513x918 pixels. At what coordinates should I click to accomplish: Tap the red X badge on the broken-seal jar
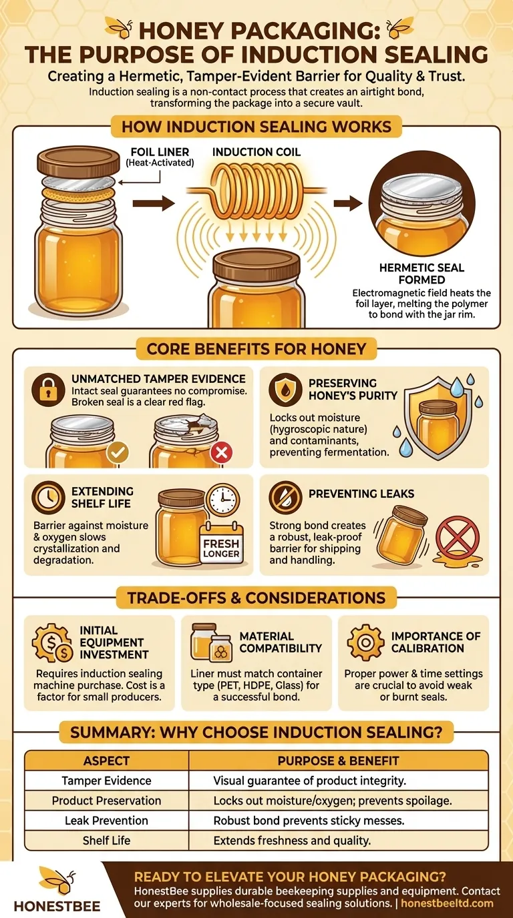tap(221, 454)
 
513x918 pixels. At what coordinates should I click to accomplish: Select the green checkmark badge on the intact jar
tap(118, 454)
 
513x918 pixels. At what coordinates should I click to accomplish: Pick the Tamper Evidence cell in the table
tap(107, 781)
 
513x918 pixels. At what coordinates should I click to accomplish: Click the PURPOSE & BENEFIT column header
tap(339, 761)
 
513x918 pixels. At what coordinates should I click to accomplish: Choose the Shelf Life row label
tap(107, 841)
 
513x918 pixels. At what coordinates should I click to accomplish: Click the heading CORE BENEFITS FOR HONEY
tap(256, 348)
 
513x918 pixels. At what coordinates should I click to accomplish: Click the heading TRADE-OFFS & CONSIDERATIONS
tap(256, 597)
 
